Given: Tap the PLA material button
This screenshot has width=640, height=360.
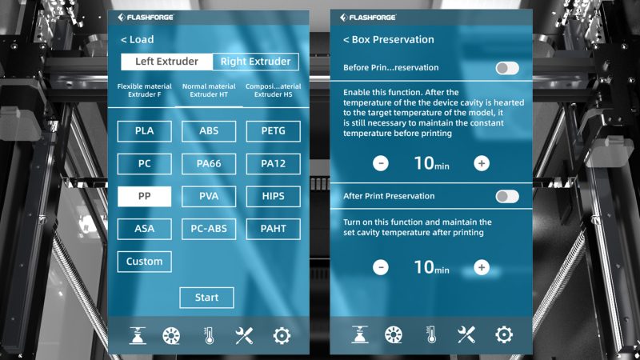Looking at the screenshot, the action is (145, 131).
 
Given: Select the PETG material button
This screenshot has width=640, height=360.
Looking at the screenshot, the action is (273, 131).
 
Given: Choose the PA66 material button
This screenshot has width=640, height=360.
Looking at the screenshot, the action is (209, 164).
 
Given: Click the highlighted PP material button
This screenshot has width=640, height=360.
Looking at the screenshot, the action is (145, 196).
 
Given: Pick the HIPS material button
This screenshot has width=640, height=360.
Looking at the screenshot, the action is (273, 196).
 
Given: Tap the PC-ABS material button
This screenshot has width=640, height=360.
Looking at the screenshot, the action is (209, 229).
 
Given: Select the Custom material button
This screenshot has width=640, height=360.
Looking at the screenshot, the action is (145, 262).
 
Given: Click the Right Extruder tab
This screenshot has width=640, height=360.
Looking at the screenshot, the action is (255, 62).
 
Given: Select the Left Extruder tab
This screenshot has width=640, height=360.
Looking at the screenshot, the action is (166, 62).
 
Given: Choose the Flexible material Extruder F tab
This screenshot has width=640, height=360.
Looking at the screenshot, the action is (145, 90).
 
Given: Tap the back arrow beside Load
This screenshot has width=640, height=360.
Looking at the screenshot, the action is (124, 40).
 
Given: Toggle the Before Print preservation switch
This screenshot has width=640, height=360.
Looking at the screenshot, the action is (507, 68).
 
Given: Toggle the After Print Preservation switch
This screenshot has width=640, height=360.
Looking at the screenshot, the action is (507, 197).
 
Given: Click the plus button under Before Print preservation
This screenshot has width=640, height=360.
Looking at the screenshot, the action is (482, 163).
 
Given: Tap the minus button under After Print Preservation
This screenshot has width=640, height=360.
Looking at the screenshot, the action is (381, 268).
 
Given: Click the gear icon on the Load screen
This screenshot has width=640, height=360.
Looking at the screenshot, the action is (282, 336).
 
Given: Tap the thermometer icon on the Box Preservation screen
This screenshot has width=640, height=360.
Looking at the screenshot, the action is (431, 334).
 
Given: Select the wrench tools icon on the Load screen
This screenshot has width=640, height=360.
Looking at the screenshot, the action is (244, 336).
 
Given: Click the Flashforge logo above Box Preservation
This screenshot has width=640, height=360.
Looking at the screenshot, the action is (368, 18).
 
